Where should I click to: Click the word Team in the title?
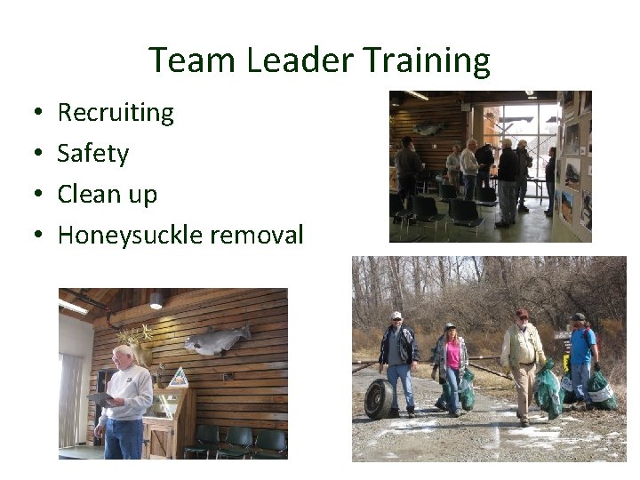tap(193, 60)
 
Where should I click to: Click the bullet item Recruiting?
tap(116, 113)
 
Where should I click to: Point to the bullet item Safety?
tap(92, 154)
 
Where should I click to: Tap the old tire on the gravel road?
tap(378, 397)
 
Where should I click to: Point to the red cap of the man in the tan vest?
tap(522, 313)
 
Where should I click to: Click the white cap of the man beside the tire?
tap(396, 316)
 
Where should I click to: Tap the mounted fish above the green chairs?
tap(218, 340)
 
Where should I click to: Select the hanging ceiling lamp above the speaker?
tap(156, 302)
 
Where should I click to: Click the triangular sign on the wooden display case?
tap(179, 377)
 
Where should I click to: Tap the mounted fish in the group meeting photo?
tap(428, 128)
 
